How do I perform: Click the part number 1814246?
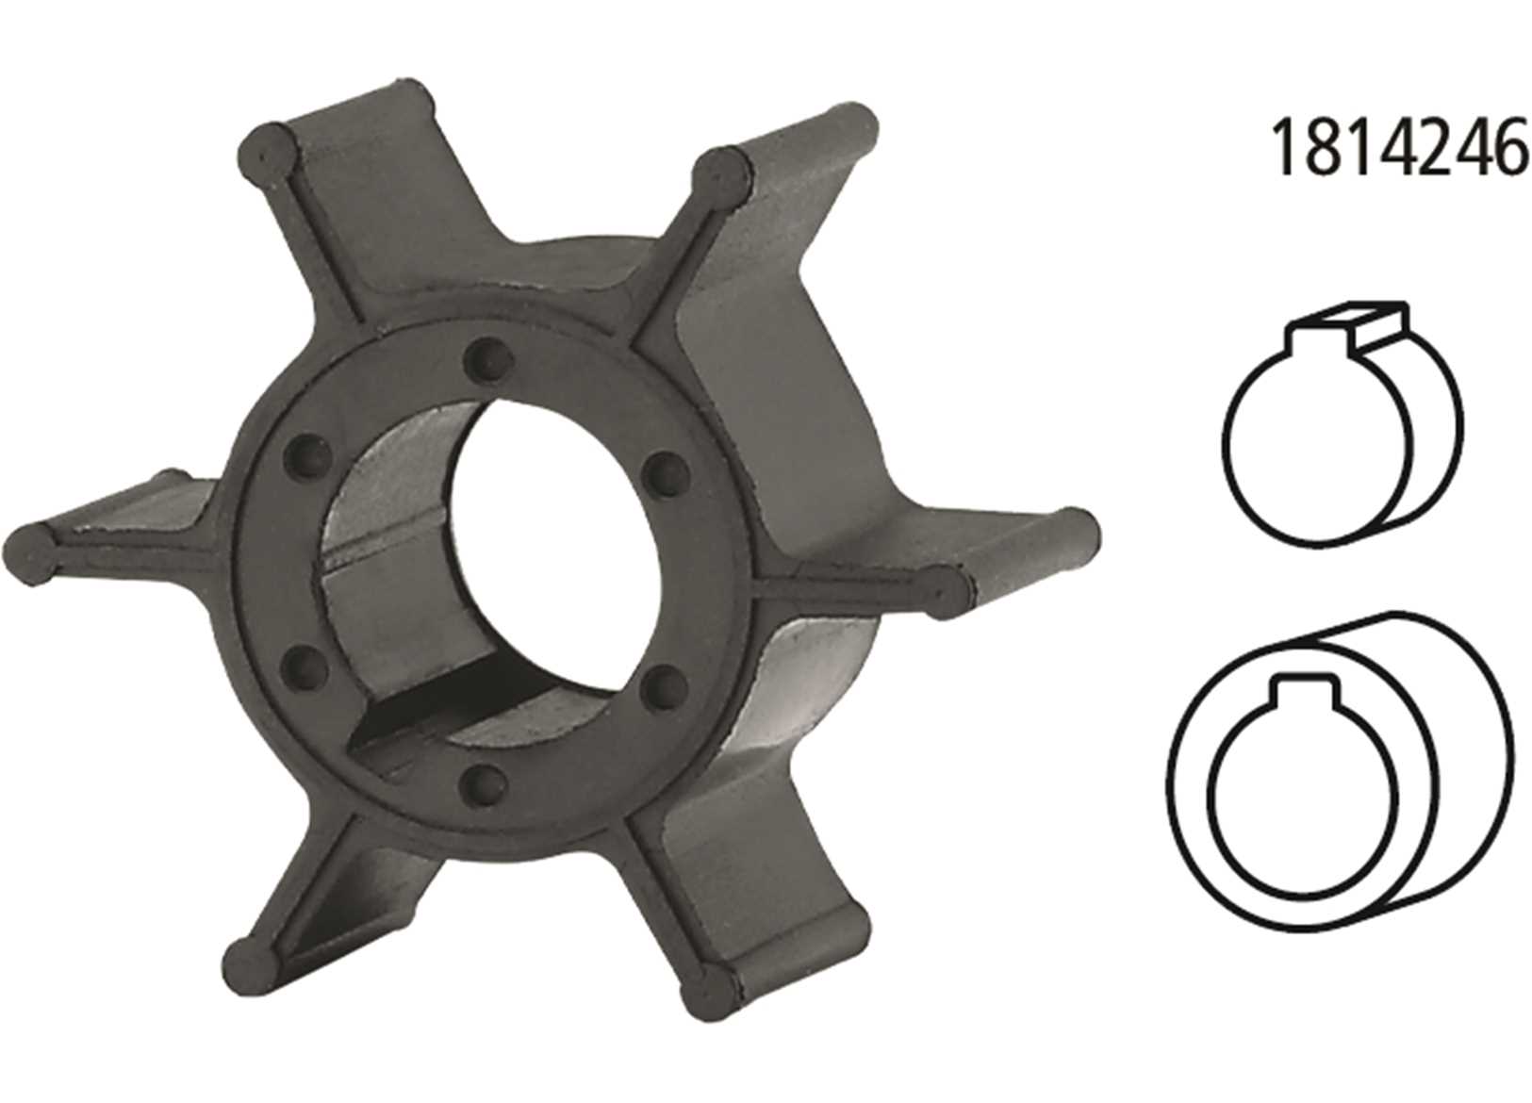1398,148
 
